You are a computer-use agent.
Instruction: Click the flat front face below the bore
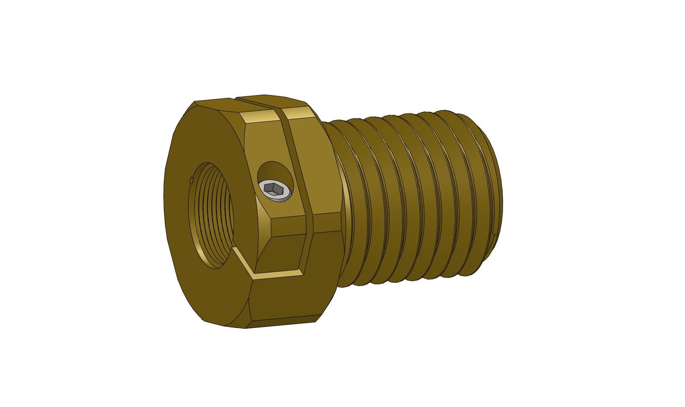[209, 293]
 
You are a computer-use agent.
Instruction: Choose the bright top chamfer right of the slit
[298, 112]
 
